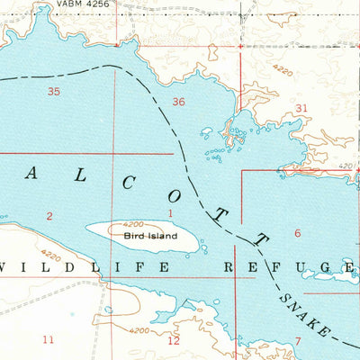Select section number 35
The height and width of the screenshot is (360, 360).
tap(54, 92)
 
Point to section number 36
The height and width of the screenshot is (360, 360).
tap(178, 102)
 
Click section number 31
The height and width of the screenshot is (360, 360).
tap(301, 108)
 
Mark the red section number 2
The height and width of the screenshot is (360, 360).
tap(49, 215)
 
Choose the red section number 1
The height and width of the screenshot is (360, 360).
tap(170, 212)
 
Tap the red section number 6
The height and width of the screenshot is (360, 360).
tap(297, 233)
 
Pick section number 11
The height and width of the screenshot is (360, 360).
tap(49, 338)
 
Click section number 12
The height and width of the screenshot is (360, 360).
tap(174, 339)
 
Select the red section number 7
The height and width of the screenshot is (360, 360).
tap(298, 340)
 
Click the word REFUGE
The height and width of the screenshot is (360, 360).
tap(287, 267)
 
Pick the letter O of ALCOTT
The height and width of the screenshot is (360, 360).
tap(171, 198)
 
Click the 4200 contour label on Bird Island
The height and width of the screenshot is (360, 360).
tap(131, 225)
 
